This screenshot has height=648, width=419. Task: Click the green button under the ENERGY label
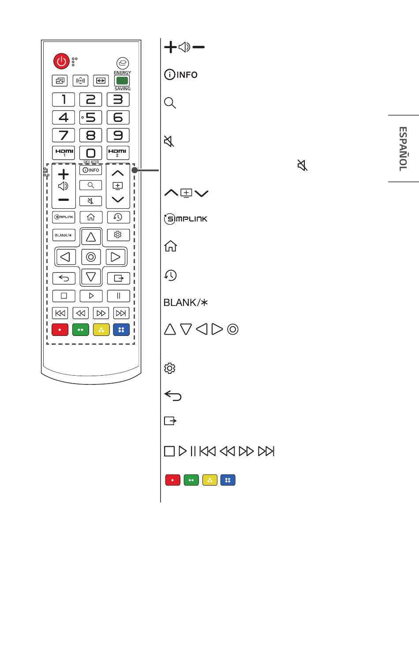coord(122,81)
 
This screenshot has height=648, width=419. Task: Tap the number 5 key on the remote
coord(91,117)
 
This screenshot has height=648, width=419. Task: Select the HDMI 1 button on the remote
coord(64,153)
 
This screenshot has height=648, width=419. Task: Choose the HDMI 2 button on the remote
coord(118,153)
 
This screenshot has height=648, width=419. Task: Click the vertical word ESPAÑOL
coord(403,149)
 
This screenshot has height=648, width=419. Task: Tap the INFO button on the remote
coord(91,170)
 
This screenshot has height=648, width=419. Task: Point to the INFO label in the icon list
coord(181,75)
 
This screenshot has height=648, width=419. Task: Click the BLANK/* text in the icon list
coord(186,303)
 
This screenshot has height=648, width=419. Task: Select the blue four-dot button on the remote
coord(121,330)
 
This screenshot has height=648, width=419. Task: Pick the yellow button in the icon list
coord(210,480)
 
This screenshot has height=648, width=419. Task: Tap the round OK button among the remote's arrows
coord(91,257)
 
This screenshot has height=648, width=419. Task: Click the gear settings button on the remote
coord(118,235)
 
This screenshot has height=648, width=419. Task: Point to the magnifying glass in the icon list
coord(170,103)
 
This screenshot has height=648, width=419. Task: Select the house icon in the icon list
coord(170,246)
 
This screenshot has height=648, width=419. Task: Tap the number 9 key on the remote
coord(118,135)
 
